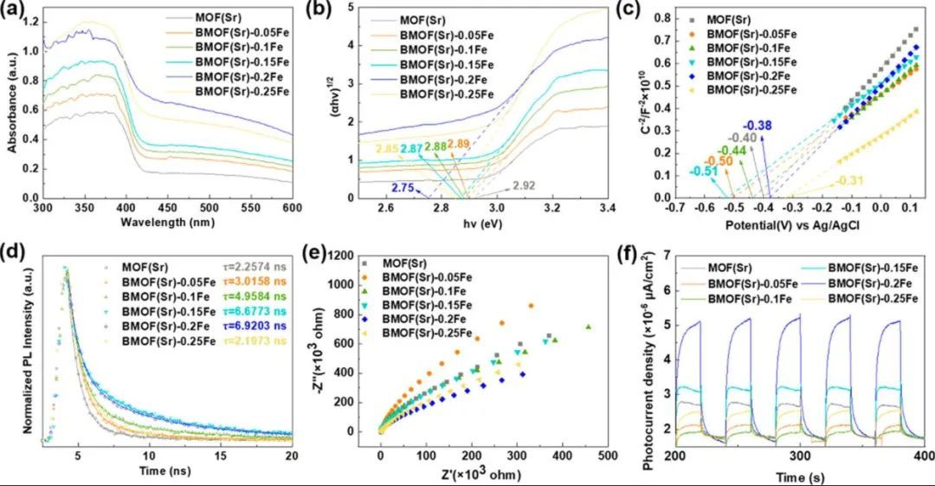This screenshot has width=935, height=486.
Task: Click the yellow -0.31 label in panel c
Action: point(852,181)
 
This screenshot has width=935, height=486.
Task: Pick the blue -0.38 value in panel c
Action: point(760,124)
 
